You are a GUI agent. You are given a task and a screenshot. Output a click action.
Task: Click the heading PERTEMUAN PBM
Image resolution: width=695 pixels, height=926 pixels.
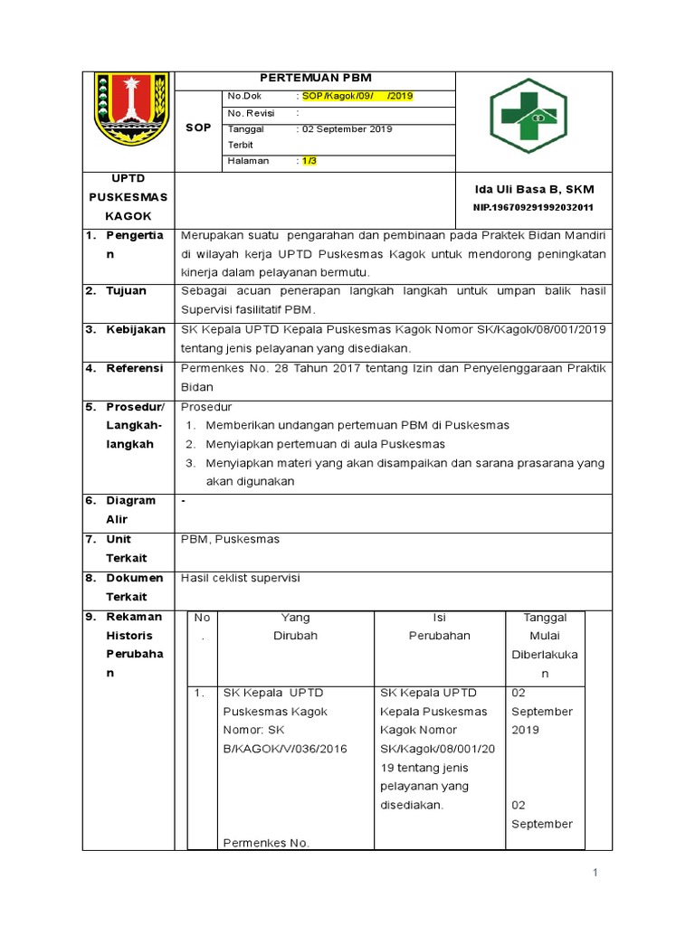point(316,79)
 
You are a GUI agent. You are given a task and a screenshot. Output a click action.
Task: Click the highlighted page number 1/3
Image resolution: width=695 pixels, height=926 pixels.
point(309,161)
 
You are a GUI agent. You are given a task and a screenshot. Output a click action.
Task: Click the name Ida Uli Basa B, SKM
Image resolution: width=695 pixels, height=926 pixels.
point(534,189)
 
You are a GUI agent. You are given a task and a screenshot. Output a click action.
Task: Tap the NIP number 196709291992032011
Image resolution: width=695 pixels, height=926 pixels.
point(533,207)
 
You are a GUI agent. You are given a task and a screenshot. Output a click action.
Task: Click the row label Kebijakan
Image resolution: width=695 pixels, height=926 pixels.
point(136,329)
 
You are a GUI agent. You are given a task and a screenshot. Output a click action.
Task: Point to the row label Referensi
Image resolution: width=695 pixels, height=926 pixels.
point(134,368)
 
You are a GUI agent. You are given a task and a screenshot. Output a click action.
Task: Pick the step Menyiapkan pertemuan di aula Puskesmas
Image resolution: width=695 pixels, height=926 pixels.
point(325,444)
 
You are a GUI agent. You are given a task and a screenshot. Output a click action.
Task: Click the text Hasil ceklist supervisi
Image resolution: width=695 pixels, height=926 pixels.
point(241,577)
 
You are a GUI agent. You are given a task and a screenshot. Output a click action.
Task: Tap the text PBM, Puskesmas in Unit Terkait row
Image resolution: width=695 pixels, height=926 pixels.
point(231,539)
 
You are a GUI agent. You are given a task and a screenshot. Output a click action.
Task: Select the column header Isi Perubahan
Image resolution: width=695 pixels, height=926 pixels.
point(439,626)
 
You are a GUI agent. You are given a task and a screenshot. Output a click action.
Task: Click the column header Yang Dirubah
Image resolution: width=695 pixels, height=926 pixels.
point(295,626)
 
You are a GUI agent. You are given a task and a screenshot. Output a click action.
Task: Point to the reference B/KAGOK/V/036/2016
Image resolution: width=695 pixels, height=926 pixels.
point(284,749)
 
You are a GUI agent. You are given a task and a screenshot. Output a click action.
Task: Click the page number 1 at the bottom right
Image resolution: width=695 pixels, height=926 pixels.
point(595,873)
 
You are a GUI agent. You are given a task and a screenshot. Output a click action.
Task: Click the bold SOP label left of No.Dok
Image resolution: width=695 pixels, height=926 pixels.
point(198,128)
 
